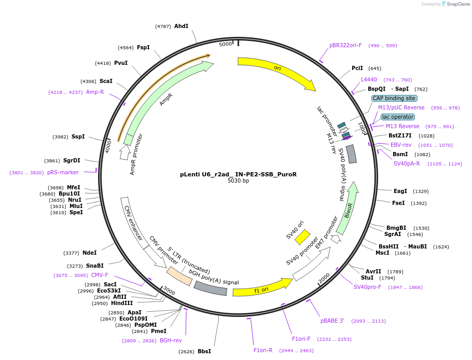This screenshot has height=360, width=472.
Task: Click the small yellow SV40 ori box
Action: coord(302,237)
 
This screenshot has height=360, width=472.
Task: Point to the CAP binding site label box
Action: coord(394,98)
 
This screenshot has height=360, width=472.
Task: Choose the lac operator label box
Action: coord(398,117)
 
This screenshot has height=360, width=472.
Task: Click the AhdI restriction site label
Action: coord(181,26)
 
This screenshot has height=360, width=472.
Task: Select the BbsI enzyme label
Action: coord(204,351)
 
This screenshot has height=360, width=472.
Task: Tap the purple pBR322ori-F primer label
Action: coord(345,45)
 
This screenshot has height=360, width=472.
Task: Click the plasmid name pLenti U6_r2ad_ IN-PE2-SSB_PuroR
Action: coord(238,174)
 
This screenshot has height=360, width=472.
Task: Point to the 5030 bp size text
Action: coord(238,181)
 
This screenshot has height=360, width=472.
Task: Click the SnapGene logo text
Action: coord(457,4)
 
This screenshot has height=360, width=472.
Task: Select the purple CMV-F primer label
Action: coord(100,275)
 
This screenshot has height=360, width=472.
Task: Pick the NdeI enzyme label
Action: coord(89,253)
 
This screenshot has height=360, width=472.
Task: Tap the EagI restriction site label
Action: coord(400,191)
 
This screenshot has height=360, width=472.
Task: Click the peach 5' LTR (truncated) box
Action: coord(179,276)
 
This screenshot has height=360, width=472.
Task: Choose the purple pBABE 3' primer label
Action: coord(332,321)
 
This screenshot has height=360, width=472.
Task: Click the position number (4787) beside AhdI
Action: coord(163,26)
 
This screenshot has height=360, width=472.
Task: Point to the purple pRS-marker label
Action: coord(63,172)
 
